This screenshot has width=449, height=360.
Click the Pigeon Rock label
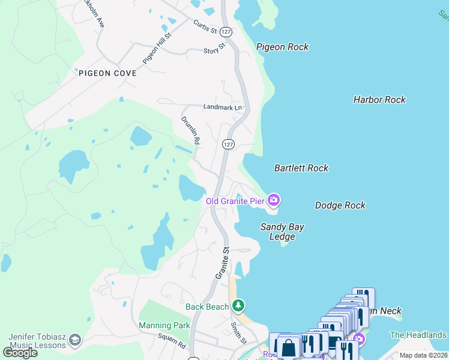282,47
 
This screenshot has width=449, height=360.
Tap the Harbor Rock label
379,100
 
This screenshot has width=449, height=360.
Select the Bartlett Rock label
301,168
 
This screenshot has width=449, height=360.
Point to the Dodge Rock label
340,205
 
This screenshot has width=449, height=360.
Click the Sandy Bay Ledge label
282,232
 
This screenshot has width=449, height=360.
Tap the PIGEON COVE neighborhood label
107,73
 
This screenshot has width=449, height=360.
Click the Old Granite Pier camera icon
274,200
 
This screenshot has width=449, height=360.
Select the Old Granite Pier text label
235,201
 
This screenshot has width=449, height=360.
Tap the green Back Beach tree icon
238,306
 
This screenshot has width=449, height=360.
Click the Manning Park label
164,325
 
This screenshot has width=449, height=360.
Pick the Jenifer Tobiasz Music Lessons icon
75,340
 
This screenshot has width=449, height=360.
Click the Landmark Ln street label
222,107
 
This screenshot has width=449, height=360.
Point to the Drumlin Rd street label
191,130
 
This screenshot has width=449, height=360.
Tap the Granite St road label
222,262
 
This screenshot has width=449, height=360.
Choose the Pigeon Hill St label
157,48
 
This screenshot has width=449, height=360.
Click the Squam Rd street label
172,341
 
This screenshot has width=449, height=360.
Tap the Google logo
20,352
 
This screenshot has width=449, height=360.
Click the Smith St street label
239,332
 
